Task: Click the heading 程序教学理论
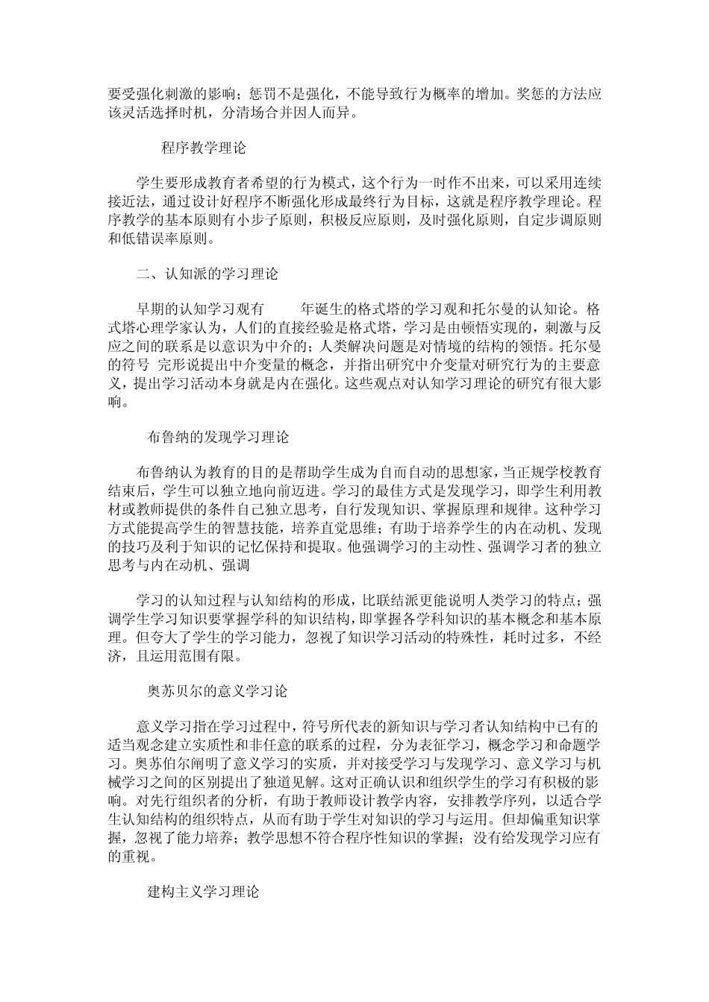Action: point(204,148)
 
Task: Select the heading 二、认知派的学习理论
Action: point(207,274)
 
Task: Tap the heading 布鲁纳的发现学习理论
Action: point(219,437)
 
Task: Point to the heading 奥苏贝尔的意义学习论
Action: point(217,690)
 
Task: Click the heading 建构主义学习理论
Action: point(203,892)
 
